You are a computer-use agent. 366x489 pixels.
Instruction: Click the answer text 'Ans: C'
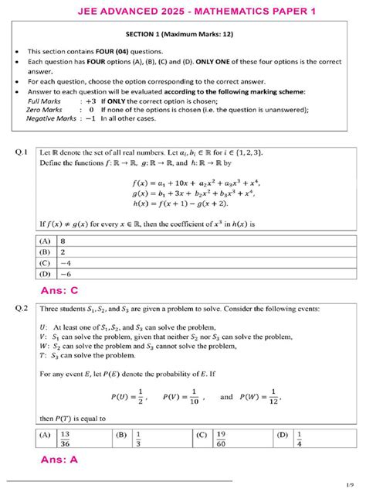click(x=59, y=290)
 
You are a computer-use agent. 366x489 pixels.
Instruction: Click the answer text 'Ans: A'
click(x=59, y=460)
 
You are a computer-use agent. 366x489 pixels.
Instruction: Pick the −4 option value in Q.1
click(x=66, y=262)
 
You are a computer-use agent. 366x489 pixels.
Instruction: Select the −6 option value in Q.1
click(x=66, y=273)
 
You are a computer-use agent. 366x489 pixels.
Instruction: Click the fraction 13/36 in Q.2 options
click(x=65, y=439)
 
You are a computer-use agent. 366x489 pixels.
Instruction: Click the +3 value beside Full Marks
click(x=90, y=101)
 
